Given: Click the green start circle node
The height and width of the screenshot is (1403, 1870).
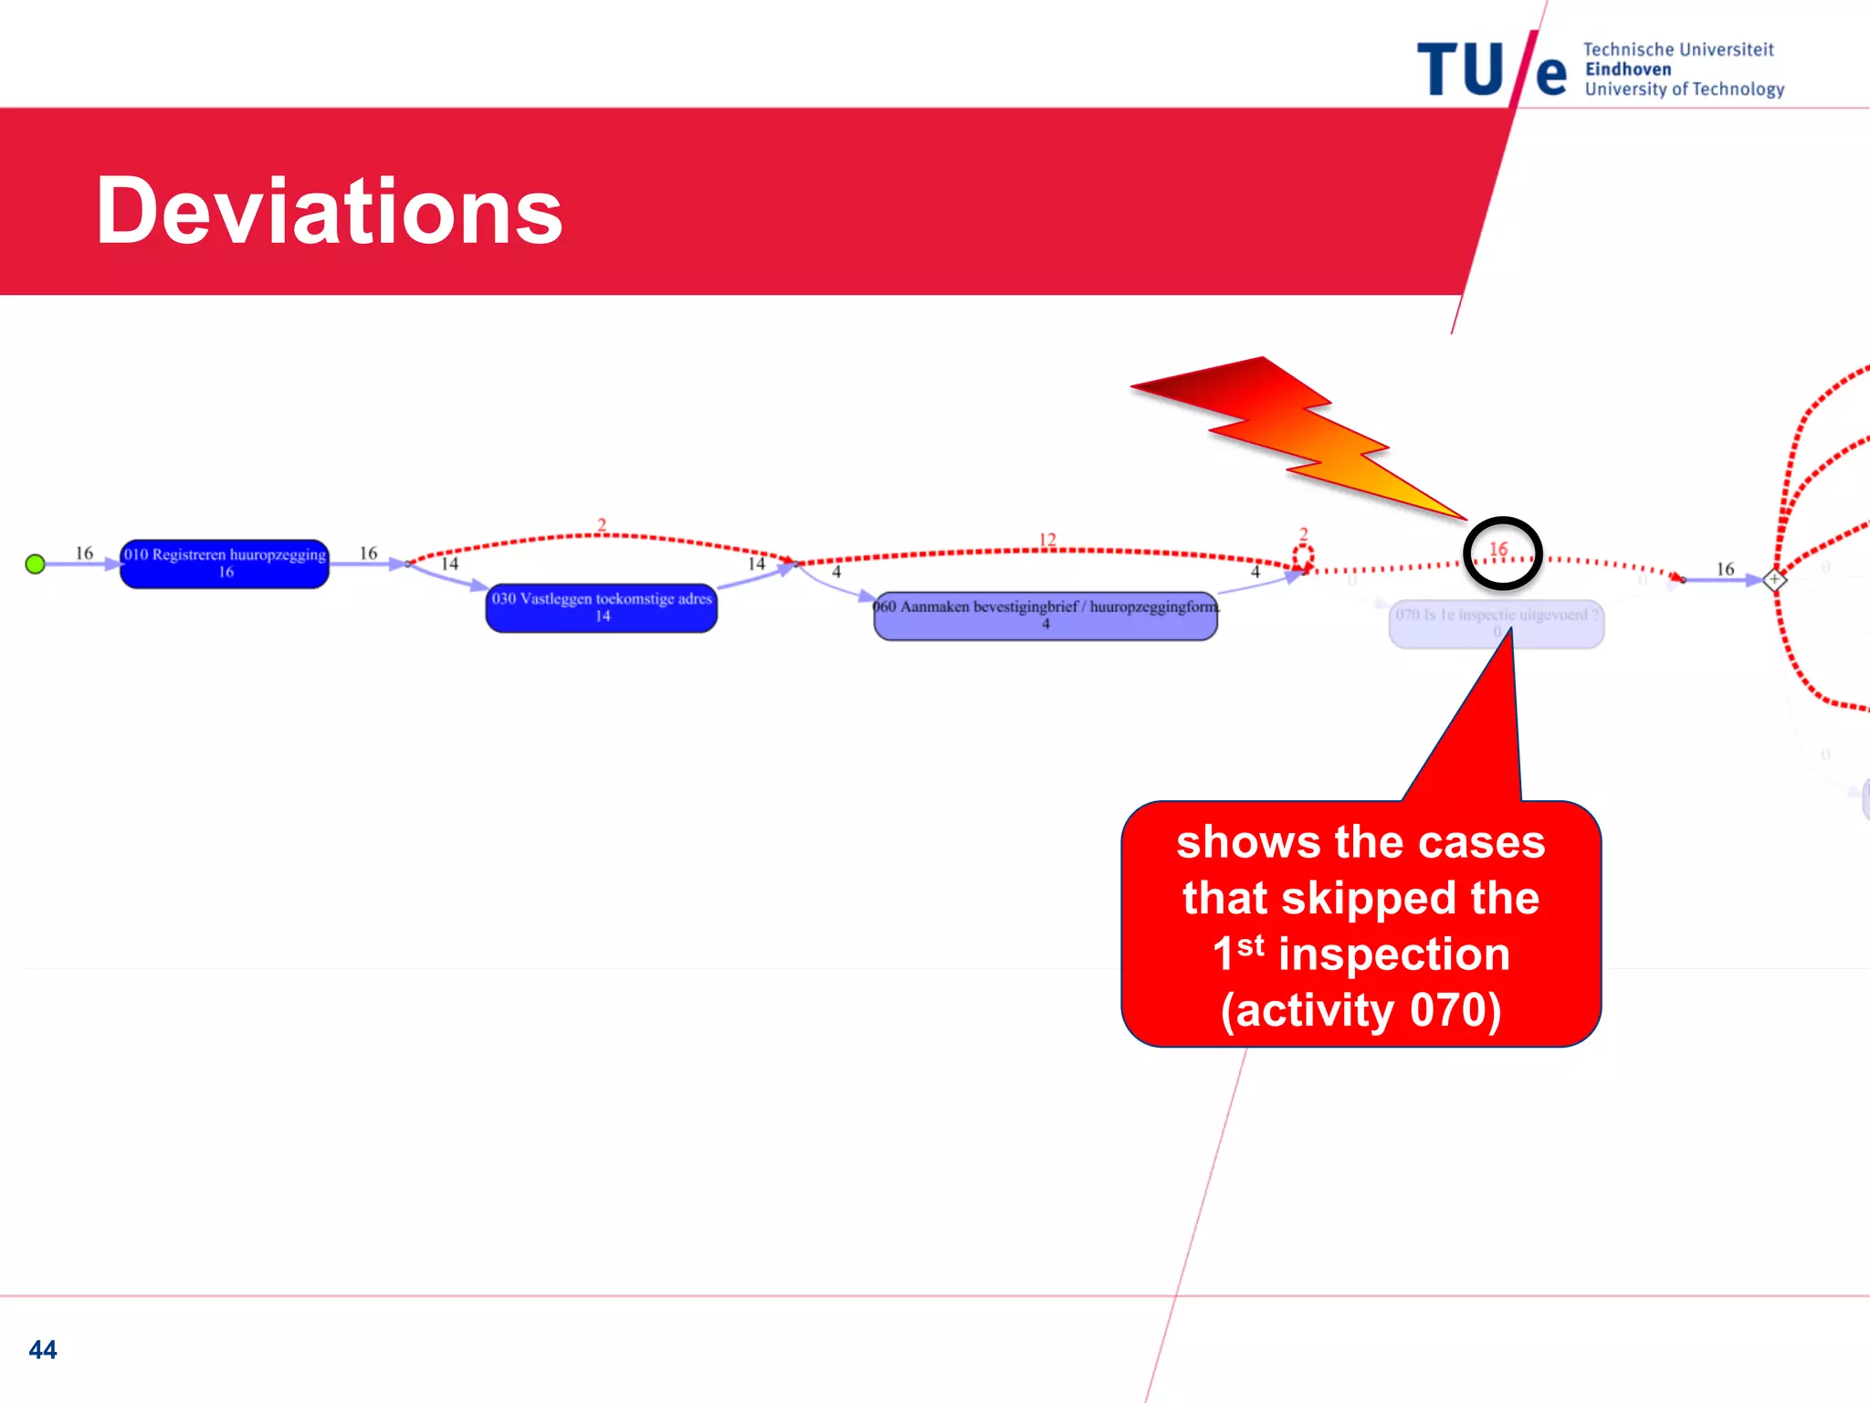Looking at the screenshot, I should tap(36, 564).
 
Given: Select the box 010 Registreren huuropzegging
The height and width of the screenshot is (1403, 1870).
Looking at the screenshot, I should tap(225, 564).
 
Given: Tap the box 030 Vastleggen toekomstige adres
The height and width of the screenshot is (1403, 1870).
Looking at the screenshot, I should tap(602, 607).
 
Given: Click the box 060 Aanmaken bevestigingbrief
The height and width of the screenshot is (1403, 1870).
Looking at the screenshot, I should tap(1045, 616).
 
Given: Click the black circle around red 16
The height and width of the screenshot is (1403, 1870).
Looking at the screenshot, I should tap(1502, 554).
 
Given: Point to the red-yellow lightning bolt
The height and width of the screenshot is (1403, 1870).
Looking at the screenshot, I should tap(1297, 429).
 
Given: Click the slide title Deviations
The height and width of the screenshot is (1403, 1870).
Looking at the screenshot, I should tap(329, 212).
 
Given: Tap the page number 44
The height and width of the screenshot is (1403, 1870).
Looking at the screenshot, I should tap(43, 1349).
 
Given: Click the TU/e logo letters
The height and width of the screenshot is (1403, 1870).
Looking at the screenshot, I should tap(1490, 69).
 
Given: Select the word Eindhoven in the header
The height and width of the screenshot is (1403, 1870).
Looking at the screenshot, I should tap(1628, 69).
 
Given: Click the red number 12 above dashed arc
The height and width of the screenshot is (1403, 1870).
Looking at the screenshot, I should tap(1047, 539).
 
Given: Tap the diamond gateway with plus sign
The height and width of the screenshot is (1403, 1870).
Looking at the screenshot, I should tap(1774, 579).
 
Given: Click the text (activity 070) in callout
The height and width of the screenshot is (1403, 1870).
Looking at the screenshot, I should tap(1360, 1010).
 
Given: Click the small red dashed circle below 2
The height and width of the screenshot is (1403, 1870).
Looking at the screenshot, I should tap(1303, 555).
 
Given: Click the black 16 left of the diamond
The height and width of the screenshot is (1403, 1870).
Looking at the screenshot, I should tap(1725, 569).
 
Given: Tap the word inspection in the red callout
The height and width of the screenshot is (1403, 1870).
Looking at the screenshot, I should tap(1393, 954).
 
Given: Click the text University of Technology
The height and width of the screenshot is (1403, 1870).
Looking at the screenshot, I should tap(1684, 90).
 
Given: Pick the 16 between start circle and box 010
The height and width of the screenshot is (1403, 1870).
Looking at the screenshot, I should tap(84, 553).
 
